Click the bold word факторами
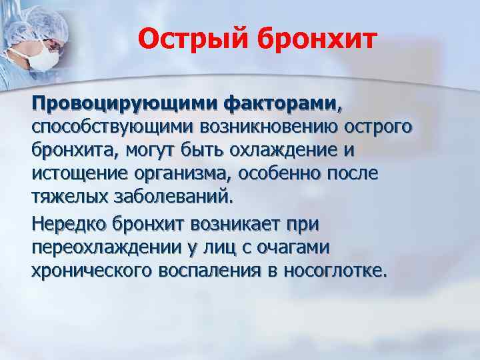[279, 104]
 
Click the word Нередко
[69, 223]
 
